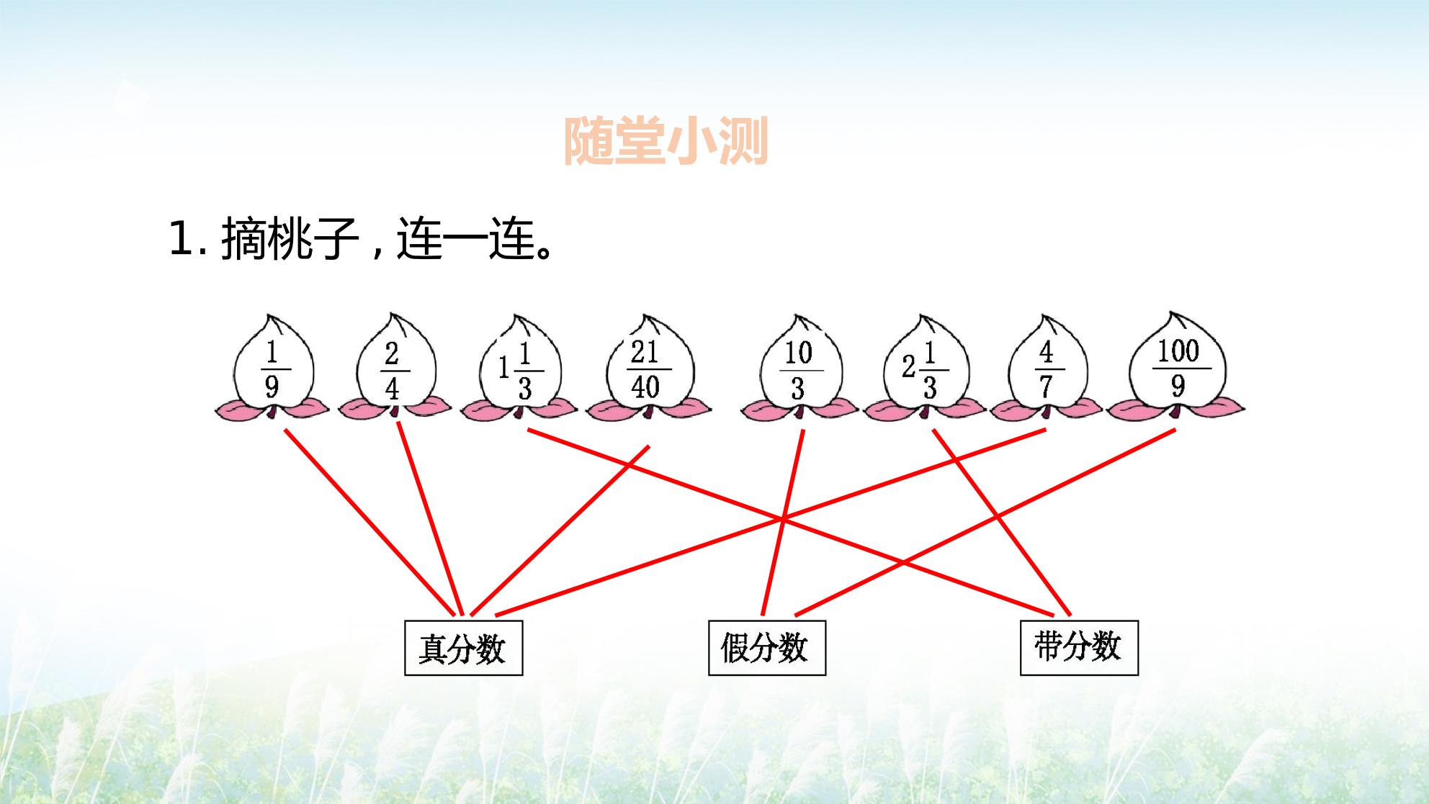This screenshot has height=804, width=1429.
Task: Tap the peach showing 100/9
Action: [x=1177, y=367]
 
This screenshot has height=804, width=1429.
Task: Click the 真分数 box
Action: [x=463, y=648]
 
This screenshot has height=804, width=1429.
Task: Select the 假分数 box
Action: [x=767, y=648]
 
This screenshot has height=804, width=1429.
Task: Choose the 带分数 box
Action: [x=1079, y=648]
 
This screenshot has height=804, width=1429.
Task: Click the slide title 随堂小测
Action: [x=666, y=141]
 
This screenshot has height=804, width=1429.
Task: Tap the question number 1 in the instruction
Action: [x=180, y=238]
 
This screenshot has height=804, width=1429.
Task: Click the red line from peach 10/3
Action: [x=783, y=523]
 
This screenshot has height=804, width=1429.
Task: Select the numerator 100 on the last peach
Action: [x=1178, y=351]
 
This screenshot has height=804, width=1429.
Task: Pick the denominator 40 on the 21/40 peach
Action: [x=645, y=387]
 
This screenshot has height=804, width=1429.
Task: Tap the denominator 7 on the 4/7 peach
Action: [x=1046, y=387]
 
